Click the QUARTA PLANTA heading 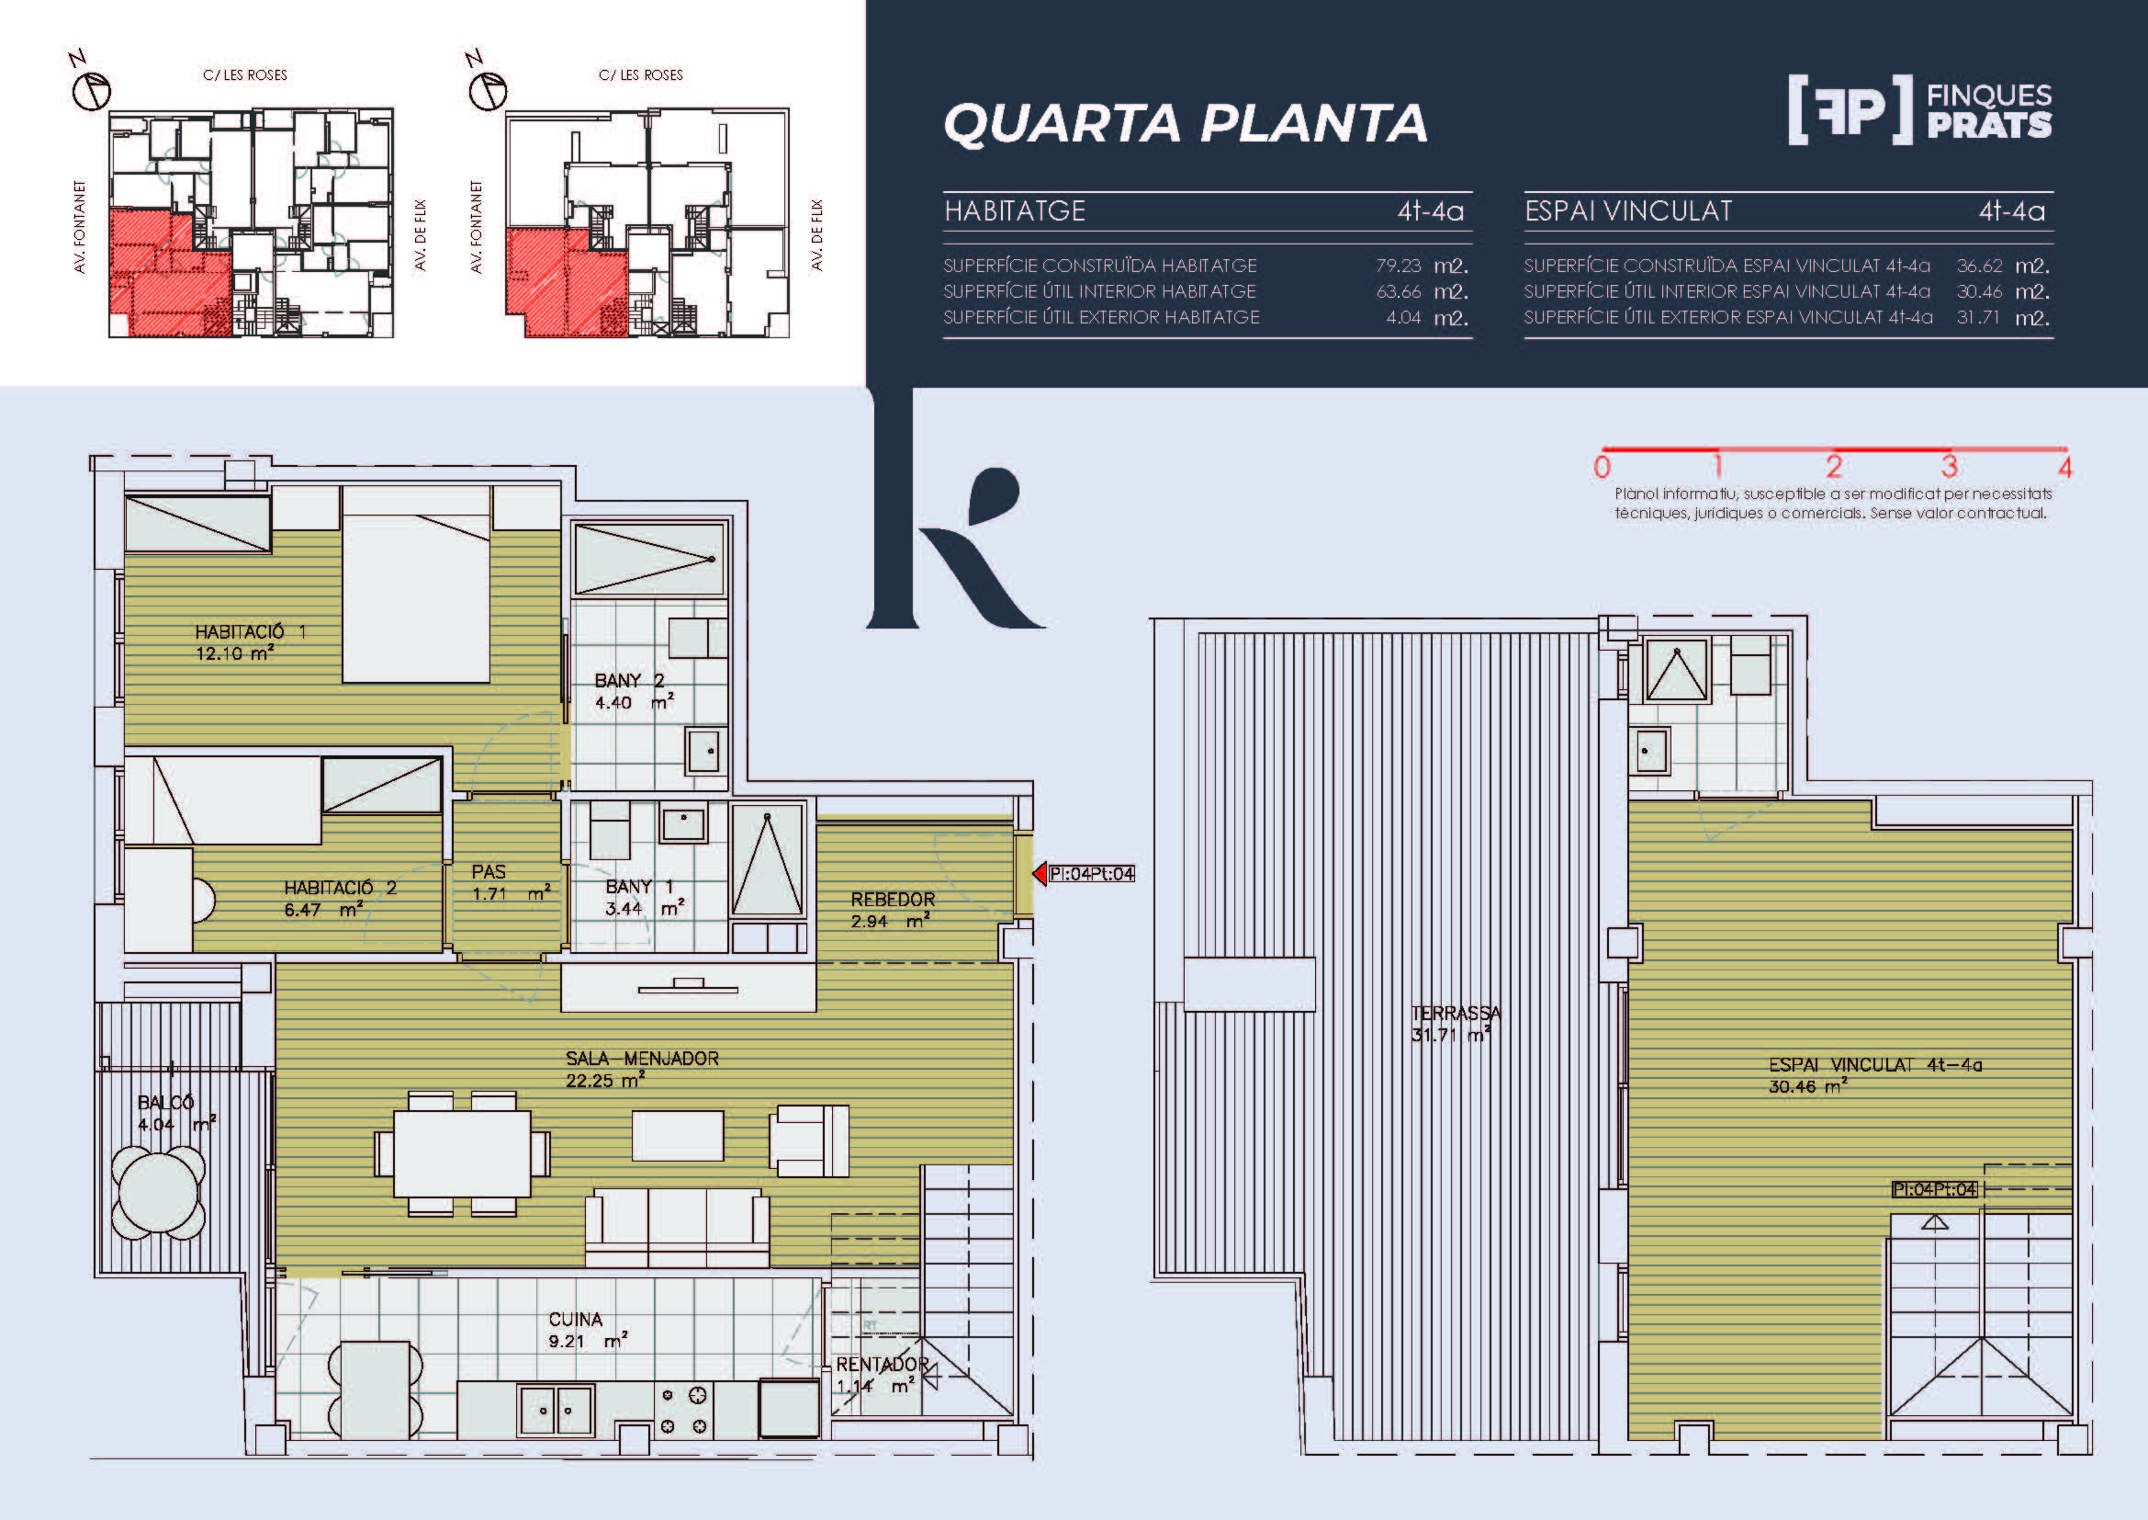(1186, 123)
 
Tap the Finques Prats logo (1920, 110)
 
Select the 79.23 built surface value (1398, 266)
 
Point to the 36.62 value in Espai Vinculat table (1980, 266)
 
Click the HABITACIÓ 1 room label (250, 643)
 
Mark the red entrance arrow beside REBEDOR (1039, 873)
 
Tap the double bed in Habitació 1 (415, 584)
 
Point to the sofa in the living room (678, 1228)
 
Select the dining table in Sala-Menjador (462, 1154)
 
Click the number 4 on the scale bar (2064, 467)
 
